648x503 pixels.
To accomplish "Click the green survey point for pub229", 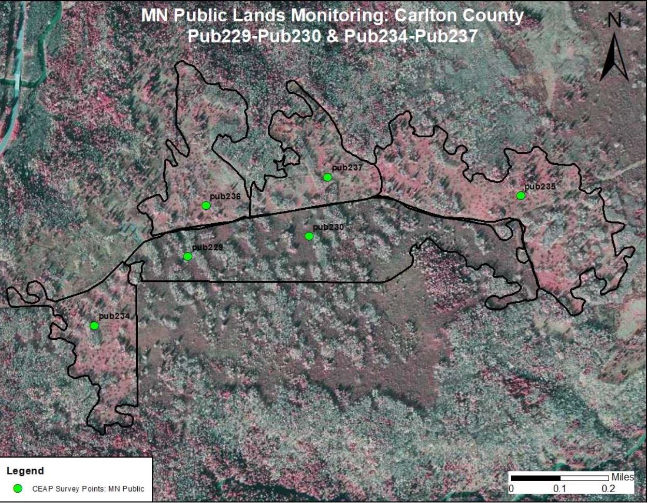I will [x=188, y=256].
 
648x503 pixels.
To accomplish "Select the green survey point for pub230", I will [x=309, y=236].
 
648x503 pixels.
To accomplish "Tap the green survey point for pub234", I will [x=94, y=326].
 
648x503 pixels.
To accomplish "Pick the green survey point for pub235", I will [x=521, y=196].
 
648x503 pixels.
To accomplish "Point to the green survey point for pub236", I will [x=206, y=206].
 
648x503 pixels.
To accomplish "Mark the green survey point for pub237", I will [x=327, y=177].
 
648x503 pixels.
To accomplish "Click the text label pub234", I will [x=114, y=316].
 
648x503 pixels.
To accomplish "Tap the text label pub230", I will [x=328, y=227].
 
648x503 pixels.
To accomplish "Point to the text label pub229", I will [x=207, y=248].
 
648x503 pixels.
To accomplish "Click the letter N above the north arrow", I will [x=614, y=21].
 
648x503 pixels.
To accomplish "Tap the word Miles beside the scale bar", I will [x=622, y=477].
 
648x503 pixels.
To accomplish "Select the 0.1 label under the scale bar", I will [x=559, y=489].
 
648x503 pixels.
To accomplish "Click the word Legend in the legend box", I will [x=25, y=471].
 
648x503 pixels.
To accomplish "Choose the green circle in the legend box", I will [x=18, y=488].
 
